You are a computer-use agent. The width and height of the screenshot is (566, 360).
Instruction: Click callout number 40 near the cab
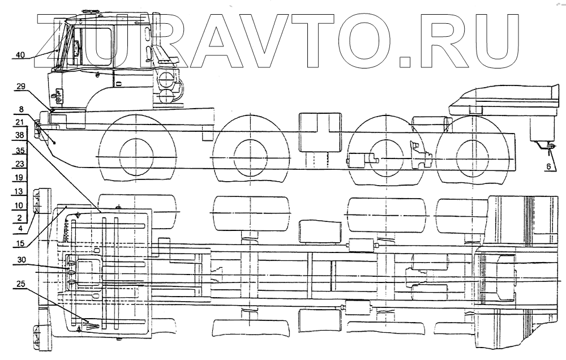(x=20, y=55)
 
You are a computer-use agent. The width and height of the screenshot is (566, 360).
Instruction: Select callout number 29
(x=20, y=87)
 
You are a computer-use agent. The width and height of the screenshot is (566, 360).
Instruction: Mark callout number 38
(x=20, y=136)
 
